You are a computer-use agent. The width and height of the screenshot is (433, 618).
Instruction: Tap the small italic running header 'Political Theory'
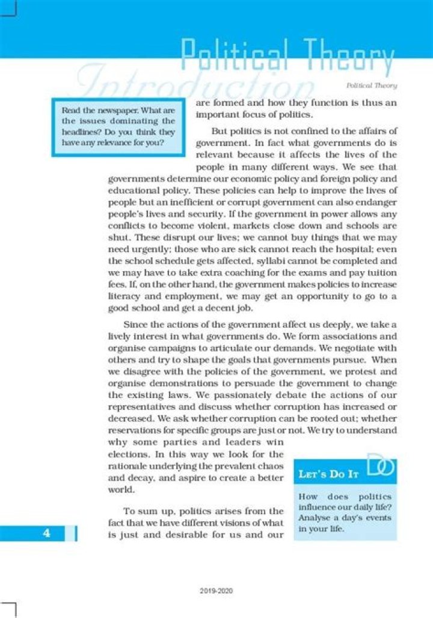[x=376, y=86]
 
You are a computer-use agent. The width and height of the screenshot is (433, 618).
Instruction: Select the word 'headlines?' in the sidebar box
[x=80, y=132]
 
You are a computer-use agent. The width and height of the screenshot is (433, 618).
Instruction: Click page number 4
[x=46, y=533]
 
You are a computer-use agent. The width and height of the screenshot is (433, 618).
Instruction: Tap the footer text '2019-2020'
[x=216, y=591]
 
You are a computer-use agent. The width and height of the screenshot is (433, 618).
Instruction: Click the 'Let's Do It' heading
[x=328, y=474]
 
